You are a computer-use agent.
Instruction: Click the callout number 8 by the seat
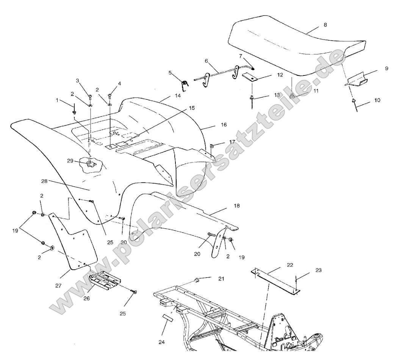coord(325,25)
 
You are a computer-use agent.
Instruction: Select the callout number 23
coord(318,270)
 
